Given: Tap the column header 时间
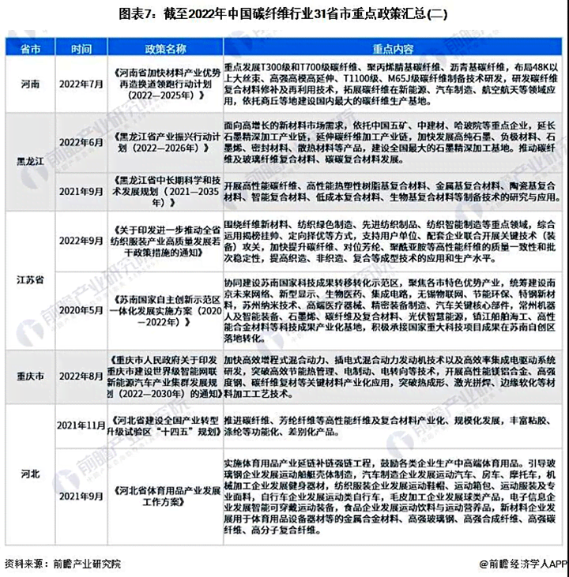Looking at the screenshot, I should coord(81,48).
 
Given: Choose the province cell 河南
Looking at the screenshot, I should coord(30,82).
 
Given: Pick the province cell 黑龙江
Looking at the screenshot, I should coord(30,159).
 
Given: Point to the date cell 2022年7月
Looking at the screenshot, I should coord(81,82).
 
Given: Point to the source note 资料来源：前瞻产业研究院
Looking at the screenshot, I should coord(63,564).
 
